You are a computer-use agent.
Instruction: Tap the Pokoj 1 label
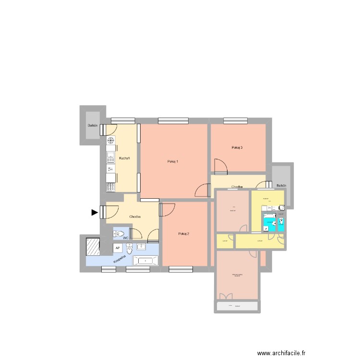tap(173, 161)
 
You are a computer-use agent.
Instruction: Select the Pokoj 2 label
tap(183, 234)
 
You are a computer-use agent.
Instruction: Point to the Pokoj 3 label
tap(237, 147)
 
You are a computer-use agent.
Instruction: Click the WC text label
tap(126, 238)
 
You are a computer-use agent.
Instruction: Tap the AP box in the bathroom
tap(117, 248)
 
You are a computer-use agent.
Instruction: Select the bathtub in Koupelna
tap(145, 261)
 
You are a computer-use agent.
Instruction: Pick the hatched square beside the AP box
tap(93, 247)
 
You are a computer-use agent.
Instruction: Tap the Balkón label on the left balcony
tap(93, 126)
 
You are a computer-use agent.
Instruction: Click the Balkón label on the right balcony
tap(281, 185)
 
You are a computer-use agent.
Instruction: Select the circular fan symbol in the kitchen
tap(110, 141)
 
